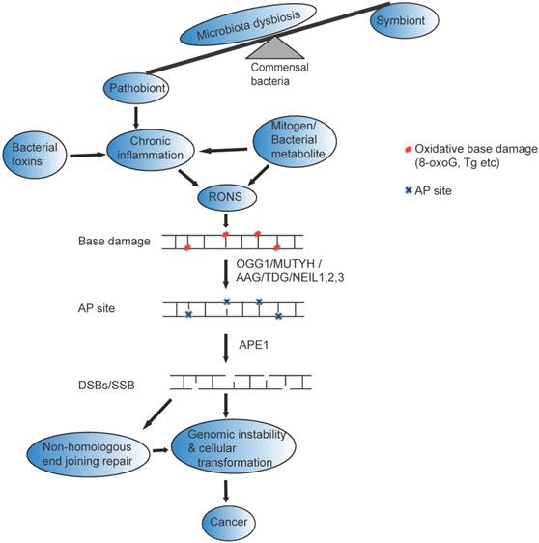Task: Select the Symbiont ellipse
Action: point(399,19)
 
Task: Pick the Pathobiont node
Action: point(137,91)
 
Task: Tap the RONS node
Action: point(224,199)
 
